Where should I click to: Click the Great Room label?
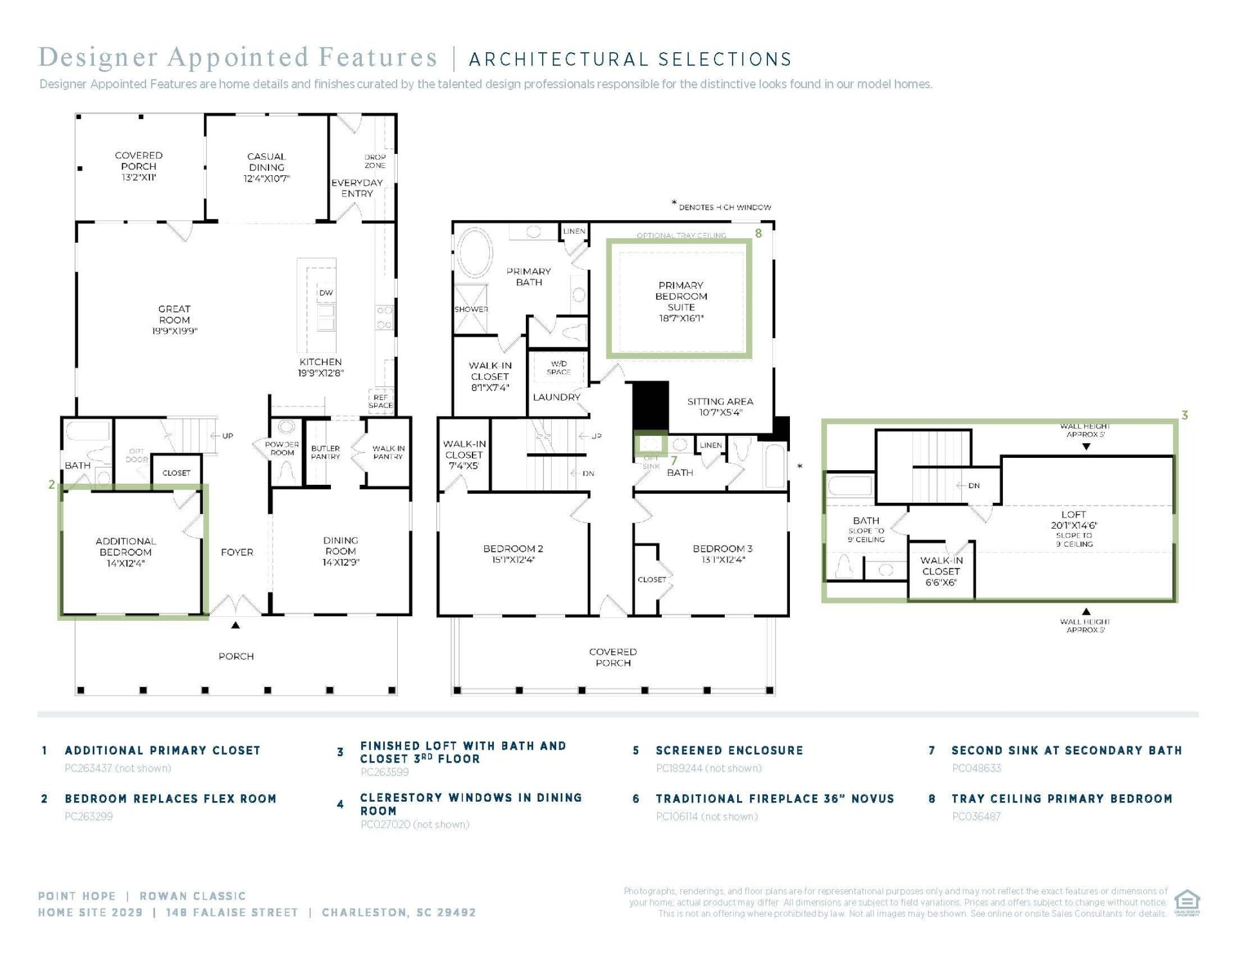[174, 314]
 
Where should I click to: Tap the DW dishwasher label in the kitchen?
[326, 293]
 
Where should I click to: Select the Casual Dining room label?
[267, 162]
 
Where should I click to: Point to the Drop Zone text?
[375, 161]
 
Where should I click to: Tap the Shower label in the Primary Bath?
[471, 309]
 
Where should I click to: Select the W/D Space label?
[559, 368]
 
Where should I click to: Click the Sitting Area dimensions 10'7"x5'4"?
[720, 412]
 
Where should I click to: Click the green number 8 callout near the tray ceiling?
[758, 233]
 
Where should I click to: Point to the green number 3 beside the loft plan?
[1184, 415]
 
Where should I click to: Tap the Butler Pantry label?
[325, 453]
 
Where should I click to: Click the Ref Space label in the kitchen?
[380, 401]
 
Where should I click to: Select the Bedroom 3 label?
[722, 549]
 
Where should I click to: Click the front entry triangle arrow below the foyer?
[236, 625]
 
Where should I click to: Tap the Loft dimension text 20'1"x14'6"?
[1073, 525]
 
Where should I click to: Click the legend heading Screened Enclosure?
[729, 750]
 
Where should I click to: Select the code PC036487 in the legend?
[976, 817]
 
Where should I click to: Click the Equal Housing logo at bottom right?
[1187, 902]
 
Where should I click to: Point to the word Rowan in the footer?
[165, 896]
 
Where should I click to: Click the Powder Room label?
[282, 448]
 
